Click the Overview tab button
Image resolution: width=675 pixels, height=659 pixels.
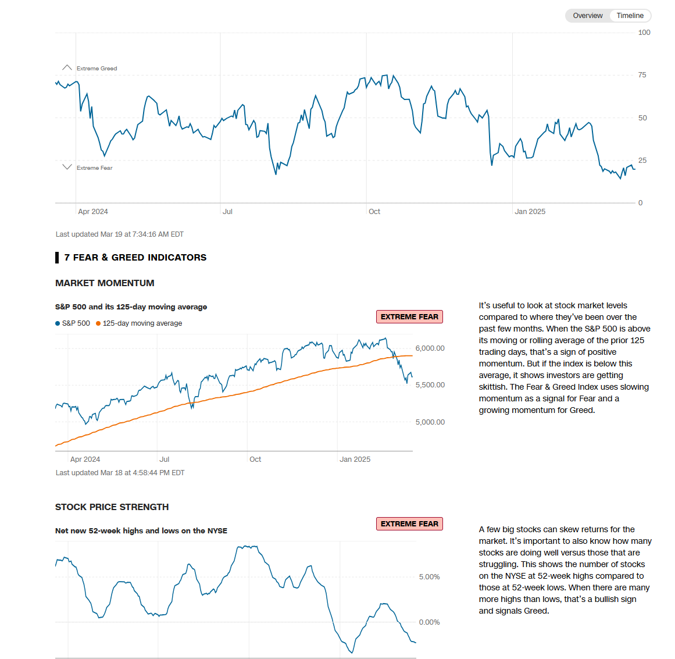587,16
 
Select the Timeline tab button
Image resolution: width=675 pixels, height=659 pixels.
630,16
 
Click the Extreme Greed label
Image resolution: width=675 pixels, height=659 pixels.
97,69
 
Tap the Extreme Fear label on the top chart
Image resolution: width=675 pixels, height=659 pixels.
94,168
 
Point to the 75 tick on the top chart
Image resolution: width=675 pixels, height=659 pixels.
642,75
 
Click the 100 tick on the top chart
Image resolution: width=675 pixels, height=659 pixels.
644,33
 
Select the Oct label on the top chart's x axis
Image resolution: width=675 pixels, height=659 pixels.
374,212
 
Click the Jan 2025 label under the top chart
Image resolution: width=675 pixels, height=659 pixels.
530,212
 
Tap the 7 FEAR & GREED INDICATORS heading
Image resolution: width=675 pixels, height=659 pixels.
135,258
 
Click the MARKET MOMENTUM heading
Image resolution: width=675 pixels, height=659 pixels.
105,283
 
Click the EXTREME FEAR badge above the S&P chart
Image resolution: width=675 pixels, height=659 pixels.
409,317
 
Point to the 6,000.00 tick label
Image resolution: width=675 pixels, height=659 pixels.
430,348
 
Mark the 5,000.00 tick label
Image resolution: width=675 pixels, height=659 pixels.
430,422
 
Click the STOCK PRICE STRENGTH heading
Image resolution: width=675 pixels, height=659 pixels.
112,507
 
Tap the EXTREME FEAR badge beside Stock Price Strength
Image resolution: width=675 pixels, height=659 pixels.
409,524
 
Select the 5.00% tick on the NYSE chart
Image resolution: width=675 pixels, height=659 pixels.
429,577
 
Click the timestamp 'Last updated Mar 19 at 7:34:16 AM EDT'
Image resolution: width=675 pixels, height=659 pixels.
119,234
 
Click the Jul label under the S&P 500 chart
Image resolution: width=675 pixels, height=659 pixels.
165,459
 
